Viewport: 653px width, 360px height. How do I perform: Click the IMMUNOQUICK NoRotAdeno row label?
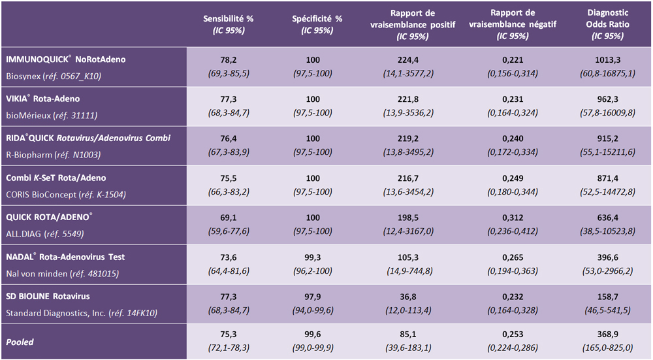click(x=65, y=59)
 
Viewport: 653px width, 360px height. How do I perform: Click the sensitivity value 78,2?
click(x=228, y=59)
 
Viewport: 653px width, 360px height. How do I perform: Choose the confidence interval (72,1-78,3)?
click(x=228, y=349)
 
